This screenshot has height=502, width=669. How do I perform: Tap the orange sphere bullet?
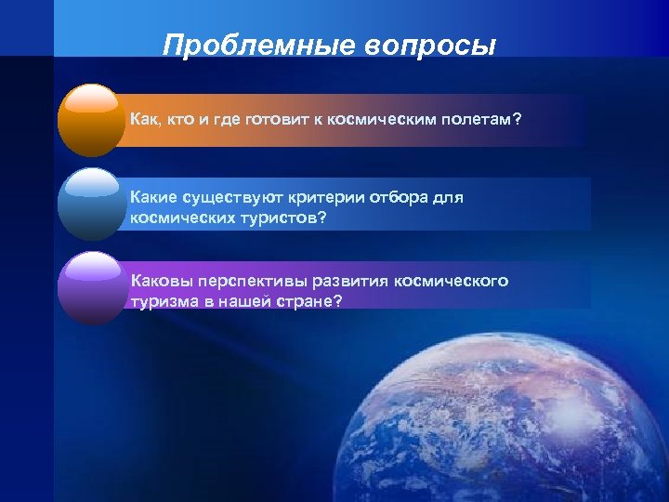tap(91, 120)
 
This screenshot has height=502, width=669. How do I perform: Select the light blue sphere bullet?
tap(91, 205)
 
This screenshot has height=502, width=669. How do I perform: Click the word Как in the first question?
tap(145, 120)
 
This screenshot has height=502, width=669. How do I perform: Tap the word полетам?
tap(486, 120)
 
